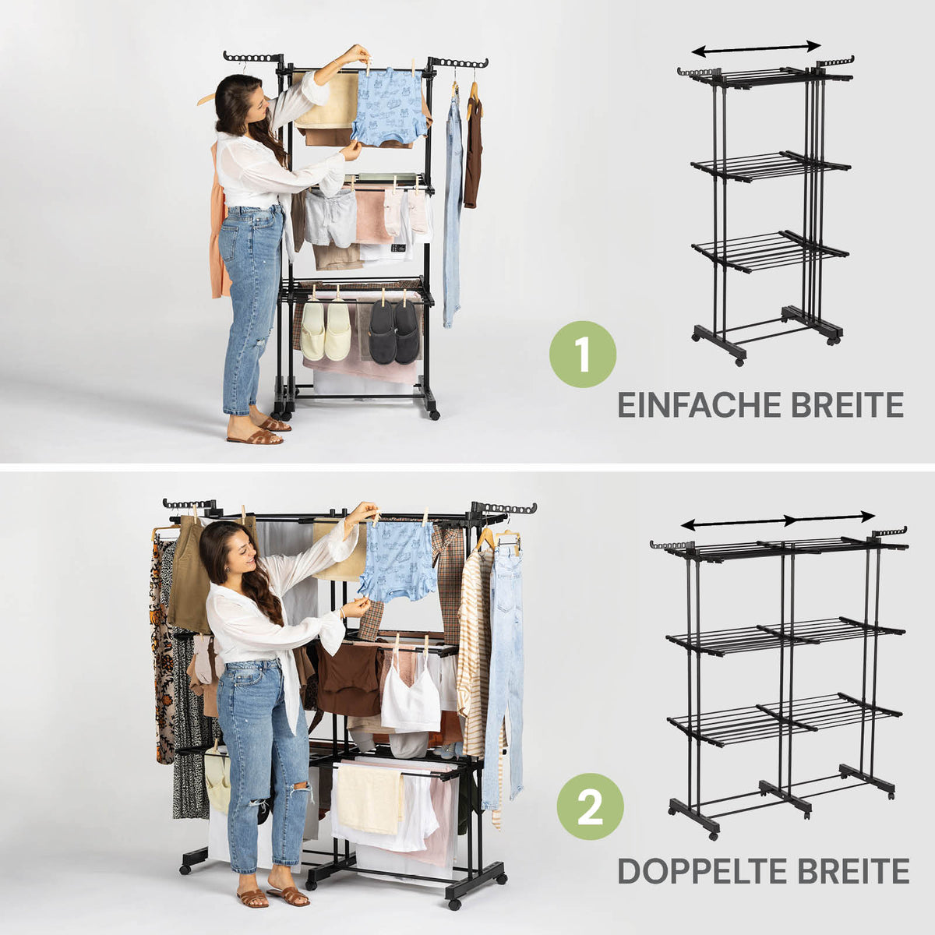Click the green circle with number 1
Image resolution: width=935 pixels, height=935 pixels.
[583, 354]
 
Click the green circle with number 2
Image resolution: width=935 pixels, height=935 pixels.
[590, 806]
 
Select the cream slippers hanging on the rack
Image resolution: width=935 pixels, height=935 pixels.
[325, 331]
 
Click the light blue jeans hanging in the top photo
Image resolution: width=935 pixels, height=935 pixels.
[453, 209]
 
